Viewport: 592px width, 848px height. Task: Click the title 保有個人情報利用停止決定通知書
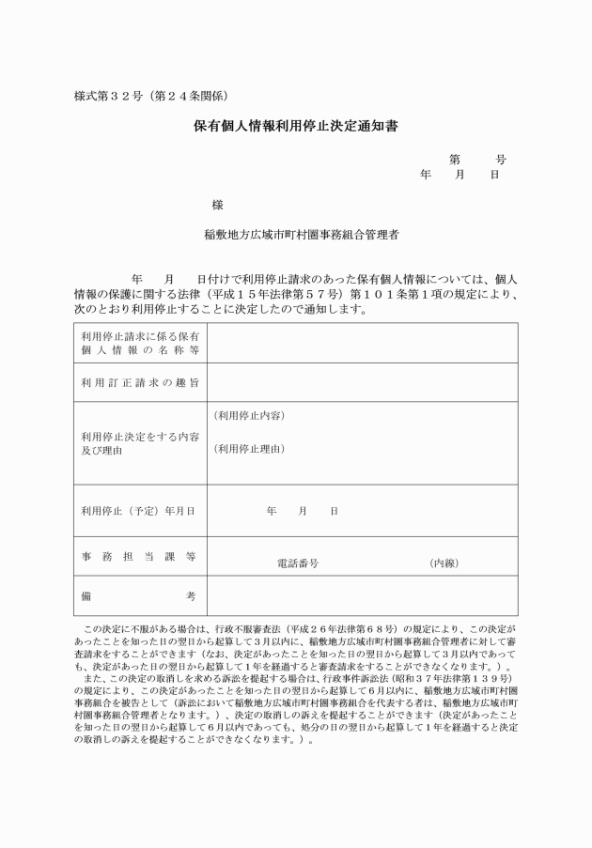tap(296, 126)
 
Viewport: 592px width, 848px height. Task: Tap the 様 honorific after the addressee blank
tap(218, 205)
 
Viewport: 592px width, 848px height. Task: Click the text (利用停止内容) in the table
tap(249, 415)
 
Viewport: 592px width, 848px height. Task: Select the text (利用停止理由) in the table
tap(249, 449)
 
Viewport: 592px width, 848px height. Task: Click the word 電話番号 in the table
tap(298, 563)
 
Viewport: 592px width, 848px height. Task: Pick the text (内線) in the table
tap(444, 563)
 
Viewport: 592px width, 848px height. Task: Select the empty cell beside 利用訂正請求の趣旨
tap(362, 382)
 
